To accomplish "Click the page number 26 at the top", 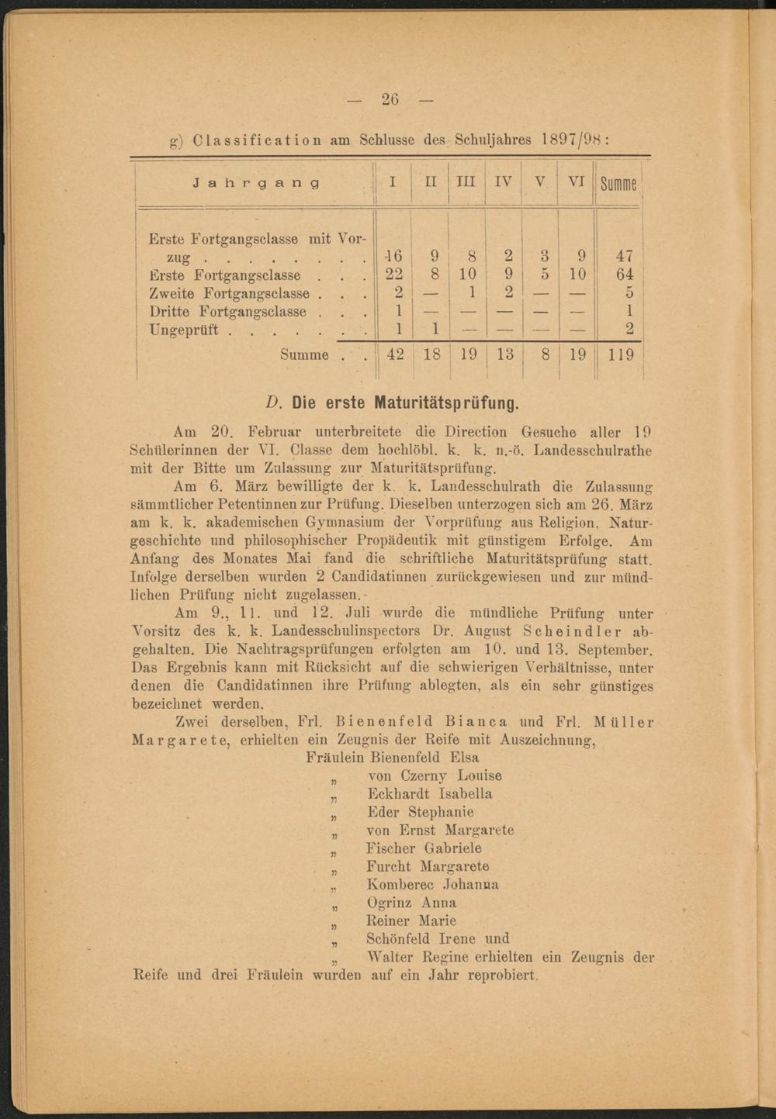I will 390,99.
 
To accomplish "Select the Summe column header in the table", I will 618,184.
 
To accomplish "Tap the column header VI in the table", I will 575,181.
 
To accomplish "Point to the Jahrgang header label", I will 255,183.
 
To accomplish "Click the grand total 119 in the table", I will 621,355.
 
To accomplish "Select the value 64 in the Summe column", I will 624,275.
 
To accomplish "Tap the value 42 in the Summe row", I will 395,355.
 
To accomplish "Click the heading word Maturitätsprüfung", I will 446,404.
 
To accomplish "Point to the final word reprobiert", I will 503,976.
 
